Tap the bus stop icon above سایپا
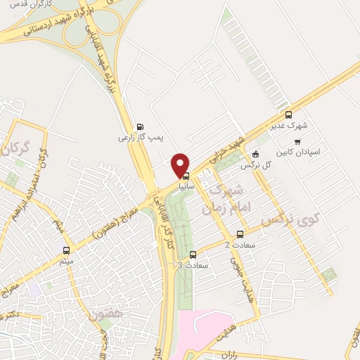[x=186, y=175]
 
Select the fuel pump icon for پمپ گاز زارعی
[x=139, y=127]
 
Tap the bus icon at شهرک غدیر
[x=288, y=115]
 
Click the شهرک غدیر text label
[x=289, y=127]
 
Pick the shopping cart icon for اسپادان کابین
[x=297, y=141]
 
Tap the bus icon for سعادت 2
[x=240, y=234]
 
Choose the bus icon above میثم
[x=67, y=250]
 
